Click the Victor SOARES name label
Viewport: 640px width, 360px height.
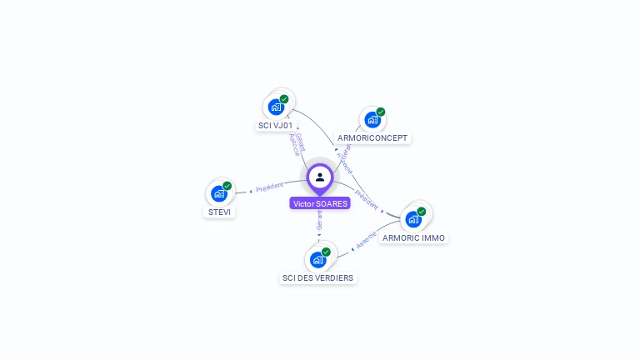[x=320, y=203]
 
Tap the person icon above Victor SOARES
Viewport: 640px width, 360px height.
[x=320, y=177]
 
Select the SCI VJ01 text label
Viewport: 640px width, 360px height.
[x=275, y=125]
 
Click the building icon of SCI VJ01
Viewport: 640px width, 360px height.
[x=276, y=107]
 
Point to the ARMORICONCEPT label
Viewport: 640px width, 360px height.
[x=373, y=137]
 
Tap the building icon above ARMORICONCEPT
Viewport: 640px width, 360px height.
[x=372, y=119]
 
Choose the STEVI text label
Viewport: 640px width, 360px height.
[x=219, y=212]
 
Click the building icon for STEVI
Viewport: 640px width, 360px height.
[x=218, y=194]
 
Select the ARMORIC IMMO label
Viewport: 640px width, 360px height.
[x=414, y=237]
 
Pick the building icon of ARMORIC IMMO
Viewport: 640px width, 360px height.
[x=412, y=220]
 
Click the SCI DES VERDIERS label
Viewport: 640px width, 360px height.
[x=317, y=277]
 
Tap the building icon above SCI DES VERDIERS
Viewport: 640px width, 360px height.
[x=317, y=260]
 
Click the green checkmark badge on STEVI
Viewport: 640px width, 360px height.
[x=227, y=186]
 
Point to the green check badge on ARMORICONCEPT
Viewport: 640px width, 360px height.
[x=381, y=112]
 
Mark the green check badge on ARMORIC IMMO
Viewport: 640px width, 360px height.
[x=422, y=212]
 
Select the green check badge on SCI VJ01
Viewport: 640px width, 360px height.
[x=284, y=99]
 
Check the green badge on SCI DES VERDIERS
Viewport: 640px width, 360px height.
[x=326, y=252]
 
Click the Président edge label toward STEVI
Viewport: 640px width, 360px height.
[x=270, y=187]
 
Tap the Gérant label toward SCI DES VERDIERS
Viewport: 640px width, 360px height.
[x=319, y=220]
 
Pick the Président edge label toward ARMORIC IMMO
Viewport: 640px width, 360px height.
[x=366, y=201]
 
